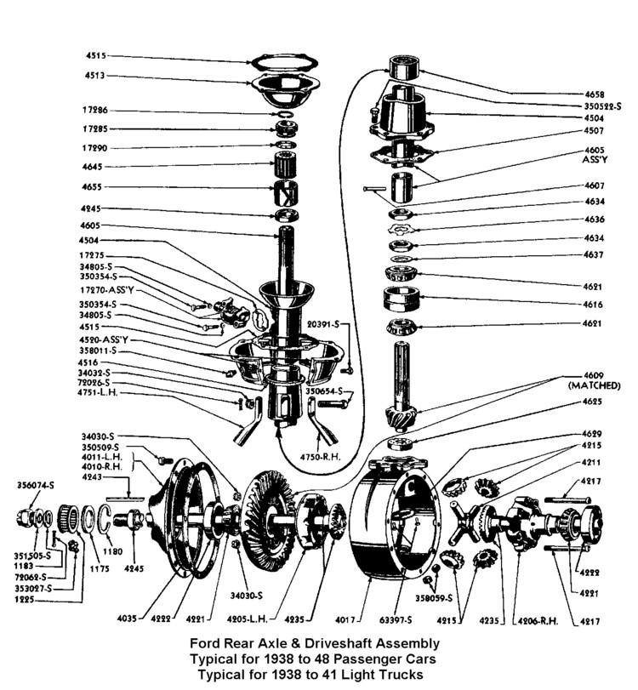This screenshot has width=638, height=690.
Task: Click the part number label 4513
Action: pyautogui.click(x=94, y=76)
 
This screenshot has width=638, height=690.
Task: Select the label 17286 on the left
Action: pyautogui.click(x=94, y=111)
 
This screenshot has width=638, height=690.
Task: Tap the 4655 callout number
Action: pyautogui.click(x=94, y=187)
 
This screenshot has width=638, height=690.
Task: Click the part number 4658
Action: pyautogui.click(x=595, y=93)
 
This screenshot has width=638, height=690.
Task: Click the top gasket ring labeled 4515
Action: pyautogui.click(x=284, y=62)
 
